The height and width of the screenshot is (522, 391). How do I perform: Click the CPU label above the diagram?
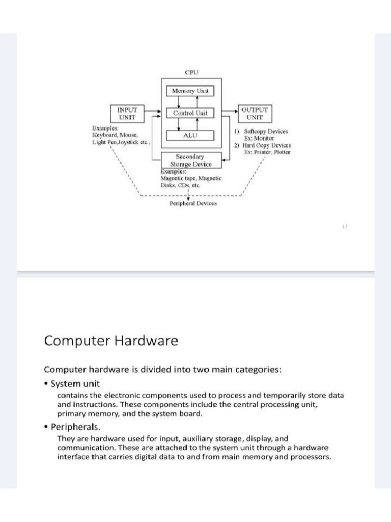[x=191, y=72]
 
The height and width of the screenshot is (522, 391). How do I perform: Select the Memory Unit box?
[x=190, y=91]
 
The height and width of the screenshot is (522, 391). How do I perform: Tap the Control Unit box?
[x=190, y=113]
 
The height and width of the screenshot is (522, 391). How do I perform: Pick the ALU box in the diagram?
[x=190, y=136]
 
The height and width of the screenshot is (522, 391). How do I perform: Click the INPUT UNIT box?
[x=127, y=113]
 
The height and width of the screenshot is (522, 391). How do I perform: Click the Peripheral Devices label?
[x=193, y=203]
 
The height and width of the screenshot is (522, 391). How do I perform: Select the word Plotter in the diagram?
[x=281, y=152]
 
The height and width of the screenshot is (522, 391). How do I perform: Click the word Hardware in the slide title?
[x=148, y=341]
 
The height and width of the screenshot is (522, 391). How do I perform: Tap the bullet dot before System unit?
[x=46, y=384]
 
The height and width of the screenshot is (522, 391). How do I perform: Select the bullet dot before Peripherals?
[x=46, y=427]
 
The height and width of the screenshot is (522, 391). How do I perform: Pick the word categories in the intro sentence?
[x=256, y=370]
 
